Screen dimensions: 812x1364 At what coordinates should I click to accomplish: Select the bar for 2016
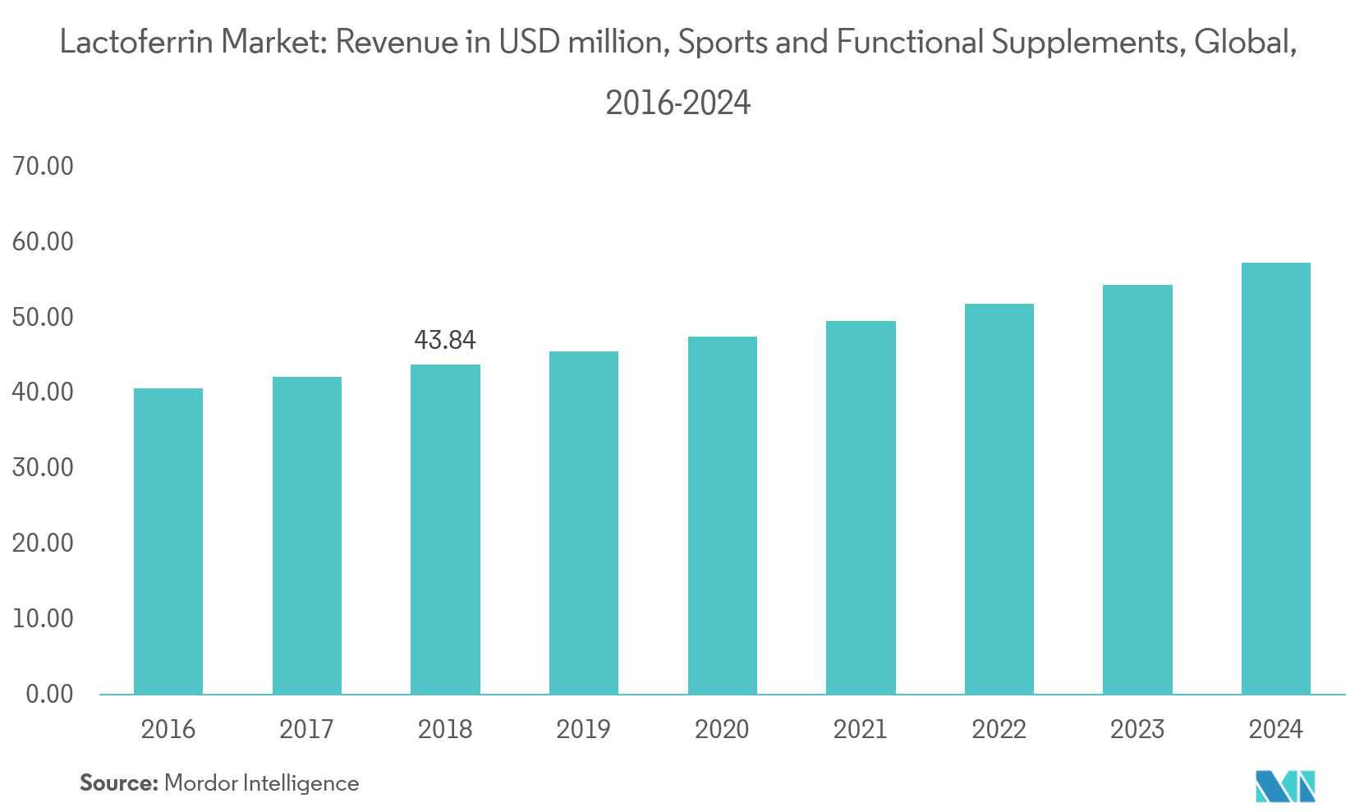pos(168,542)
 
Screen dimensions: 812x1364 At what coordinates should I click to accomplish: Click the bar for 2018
pos(445,530)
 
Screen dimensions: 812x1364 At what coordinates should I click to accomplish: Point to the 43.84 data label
pos(445,340)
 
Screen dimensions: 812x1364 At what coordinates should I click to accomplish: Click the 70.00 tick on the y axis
pos(43,167)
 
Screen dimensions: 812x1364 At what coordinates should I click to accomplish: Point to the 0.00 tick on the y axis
pos(49,695)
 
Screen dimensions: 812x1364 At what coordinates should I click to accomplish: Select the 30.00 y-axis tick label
pos(43,468)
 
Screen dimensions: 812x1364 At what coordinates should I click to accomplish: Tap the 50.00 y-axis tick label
pos(43,317)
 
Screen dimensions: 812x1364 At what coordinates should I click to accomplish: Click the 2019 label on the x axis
pos(583,729)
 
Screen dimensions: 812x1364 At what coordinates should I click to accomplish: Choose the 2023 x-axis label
pos(1137,729)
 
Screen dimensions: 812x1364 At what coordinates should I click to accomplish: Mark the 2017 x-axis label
pos(306,729)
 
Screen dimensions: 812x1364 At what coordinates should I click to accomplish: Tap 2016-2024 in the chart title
pos(677,103)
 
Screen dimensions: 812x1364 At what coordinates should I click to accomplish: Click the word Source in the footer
pos(117,783)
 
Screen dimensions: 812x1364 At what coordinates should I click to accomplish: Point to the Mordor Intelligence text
pos(262,783)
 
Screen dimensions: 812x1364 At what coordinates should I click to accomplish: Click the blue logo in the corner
pos(1285,786)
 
